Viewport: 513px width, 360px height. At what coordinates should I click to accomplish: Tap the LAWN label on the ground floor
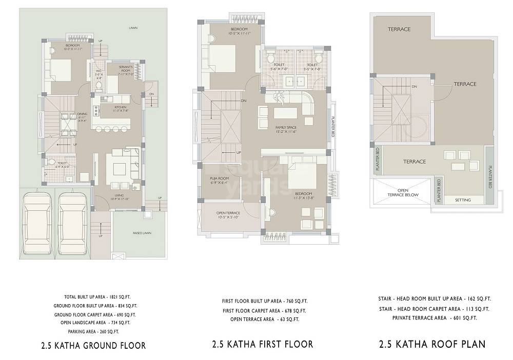pyautogui.click(x=133, y=28)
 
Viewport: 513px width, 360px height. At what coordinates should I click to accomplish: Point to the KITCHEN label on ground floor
pyautogui.click(x=120, y=107)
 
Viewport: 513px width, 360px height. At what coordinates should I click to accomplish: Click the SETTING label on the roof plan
pyautogui.click(x=463, y=200)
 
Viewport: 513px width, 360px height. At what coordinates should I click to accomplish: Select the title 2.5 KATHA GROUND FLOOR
pyautogui.click(x=93, y=345)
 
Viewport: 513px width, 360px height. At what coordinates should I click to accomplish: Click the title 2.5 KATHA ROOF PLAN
pyautogui.click(x=432, y=344)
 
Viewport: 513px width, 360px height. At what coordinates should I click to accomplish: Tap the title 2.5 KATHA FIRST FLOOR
pyautogui.click(x=262, y=344)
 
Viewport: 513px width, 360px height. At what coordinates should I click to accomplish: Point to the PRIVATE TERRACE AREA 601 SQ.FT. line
pyautogui.click(x=435, y=318)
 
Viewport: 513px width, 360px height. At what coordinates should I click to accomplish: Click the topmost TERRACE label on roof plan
pyautogui.click(x=399, y=29)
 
